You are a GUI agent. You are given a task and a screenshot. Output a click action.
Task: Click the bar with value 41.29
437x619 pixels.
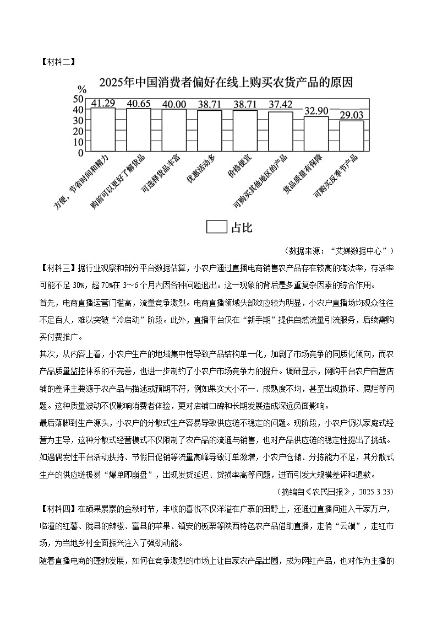click(103, 130)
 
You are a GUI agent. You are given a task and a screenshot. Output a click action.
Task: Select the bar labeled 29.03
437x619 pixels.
click(352, 136)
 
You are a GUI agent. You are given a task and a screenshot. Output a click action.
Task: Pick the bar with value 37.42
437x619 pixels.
click(281, 131)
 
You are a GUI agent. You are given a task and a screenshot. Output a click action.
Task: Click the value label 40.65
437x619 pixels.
click(138, 104)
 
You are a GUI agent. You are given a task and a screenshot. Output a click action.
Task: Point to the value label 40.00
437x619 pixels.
click(174, 104)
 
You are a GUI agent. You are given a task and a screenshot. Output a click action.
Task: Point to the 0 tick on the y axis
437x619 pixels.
click(80, 152)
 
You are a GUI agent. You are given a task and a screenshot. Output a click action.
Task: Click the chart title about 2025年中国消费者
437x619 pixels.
click(226, 83)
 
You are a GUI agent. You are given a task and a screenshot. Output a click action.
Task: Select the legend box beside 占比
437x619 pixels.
click(216, 227)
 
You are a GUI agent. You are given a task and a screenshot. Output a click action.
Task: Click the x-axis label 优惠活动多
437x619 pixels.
click(201, 169)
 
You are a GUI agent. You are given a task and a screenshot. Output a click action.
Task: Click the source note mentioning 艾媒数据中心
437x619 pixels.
click(340, 251)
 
